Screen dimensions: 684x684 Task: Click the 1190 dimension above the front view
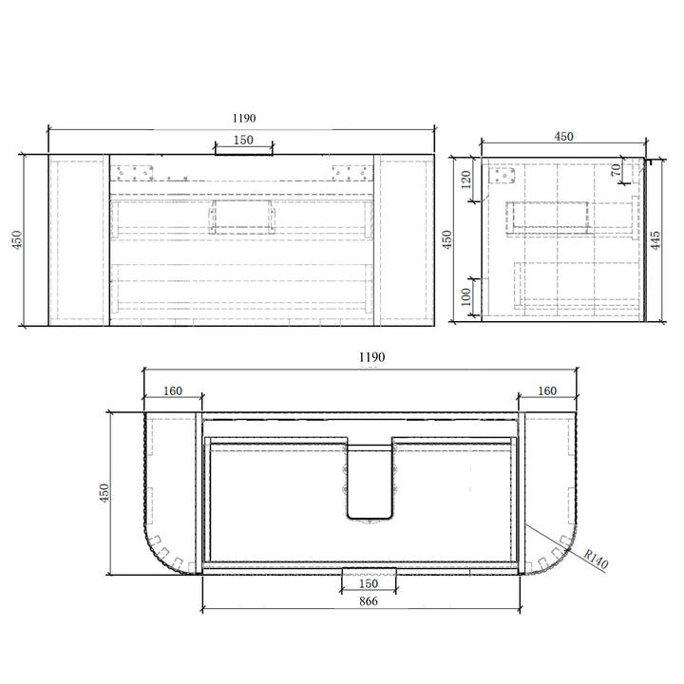click(244, 118)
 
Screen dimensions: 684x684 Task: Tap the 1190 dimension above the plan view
click(371, 357)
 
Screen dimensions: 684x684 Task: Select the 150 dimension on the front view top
click(243, 140)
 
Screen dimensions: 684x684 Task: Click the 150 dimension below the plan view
click(369, 583)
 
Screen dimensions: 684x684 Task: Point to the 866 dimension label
click(369, 601)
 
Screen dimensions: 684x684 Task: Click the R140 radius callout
click(596, 560)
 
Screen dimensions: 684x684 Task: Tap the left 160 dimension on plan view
click(172, 390)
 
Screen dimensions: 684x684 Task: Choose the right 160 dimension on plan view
click(547, 390)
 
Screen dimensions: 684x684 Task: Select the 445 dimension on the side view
click(655, 240)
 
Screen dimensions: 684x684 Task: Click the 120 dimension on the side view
click(465, 180)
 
